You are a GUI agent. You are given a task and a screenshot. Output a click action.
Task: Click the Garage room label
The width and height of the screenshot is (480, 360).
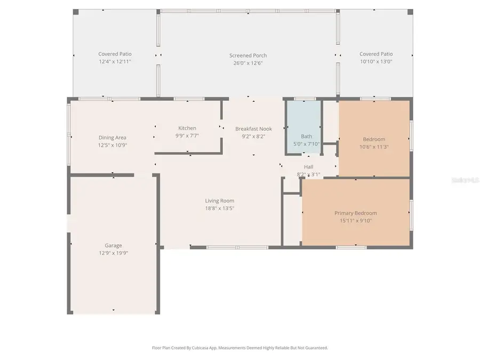pyautogui.click(x=113, y=245)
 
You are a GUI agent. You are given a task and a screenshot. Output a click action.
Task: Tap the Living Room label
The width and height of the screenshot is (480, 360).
pyautogui.click(x=220, y=201)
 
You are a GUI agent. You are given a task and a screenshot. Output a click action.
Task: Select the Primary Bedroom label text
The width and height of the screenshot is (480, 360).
pyautogui.click(x=355, y=213)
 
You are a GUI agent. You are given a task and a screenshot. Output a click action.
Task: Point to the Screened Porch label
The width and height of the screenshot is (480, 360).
pyautogui.click(x=248, y=55)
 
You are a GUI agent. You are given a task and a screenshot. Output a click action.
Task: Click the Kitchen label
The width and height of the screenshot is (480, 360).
pyautogui.click(x=187, y=128)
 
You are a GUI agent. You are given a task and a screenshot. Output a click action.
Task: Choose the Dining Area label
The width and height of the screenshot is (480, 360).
pyautogui.click(x=113, y=138)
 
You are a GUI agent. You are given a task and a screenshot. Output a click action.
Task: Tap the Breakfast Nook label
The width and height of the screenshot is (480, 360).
pyautogui.click(x=253, y=129)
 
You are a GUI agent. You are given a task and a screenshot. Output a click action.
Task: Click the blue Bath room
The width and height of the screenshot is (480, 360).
pyautogui.click(x=303, y=127)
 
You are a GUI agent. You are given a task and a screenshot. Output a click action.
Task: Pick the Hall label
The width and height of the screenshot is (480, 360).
pyautogui.click(x=308, y=167)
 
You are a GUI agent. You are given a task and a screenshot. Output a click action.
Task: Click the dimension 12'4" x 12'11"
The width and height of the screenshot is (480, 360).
pyautogui.click(x=115, y=61)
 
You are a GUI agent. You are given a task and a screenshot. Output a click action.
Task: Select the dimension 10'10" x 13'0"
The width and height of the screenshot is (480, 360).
pyautogui.click(x=376, y=61)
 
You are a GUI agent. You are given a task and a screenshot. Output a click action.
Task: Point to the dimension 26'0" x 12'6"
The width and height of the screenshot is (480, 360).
pyautogui.click(x=248, y=63)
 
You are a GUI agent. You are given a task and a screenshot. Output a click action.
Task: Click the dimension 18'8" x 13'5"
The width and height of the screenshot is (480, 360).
pyautogui.click(x=220, y=208)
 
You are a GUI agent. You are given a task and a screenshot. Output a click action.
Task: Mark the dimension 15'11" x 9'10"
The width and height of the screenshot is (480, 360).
pyautogui.click(x=355, y=220)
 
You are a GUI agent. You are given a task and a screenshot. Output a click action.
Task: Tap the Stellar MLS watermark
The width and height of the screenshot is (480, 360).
pyautogui.click(x=465, y=180)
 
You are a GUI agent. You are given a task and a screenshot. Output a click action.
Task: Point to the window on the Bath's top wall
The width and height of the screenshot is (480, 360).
pyautogui.click(x=305, y=99)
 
